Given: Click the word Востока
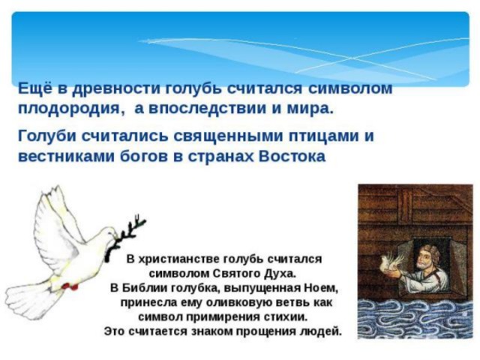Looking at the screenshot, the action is click(x=292, y=156).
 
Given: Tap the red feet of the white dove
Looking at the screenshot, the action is click(x=70, y=286).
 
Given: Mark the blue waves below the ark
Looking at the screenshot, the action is click(x=415, y=319).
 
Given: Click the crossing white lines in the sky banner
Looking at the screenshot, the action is click(x=352, y=58).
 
